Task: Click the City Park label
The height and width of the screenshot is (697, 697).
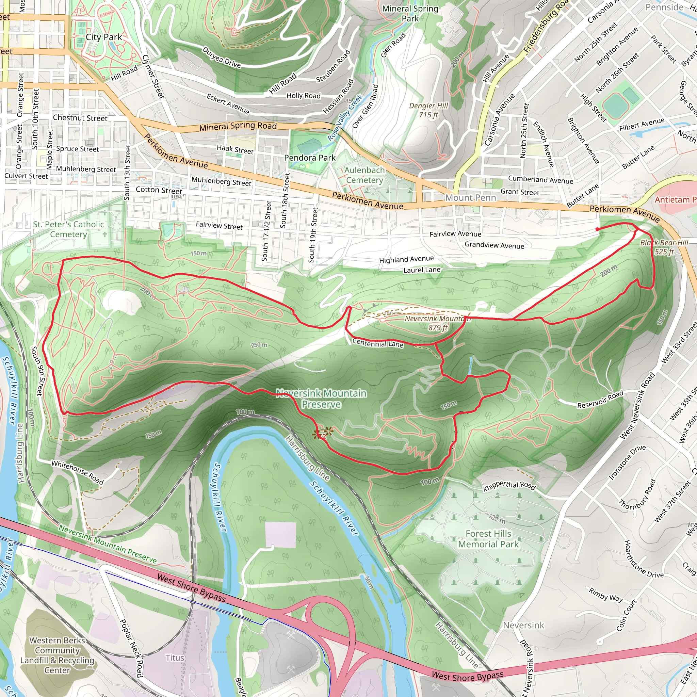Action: (103, 37)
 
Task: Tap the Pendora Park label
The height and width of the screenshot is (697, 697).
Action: (310, 158)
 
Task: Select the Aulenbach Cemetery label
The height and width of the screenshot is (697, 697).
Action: (364, 175)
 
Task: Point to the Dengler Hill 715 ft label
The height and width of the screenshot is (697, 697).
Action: (428, 110)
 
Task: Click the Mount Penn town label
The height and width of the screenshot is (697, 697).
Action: (470, 198)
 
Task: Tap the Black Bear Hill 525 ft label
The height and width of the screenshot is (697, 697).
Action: (664, 247)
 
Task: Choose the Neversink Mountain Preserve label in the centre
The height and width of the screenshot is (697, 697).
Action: (321, 399)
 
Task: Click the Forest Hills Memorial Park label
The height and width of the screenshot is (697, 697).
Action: (488, 539)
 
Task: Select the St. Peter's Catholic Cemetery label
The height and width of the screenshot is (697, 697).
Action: (68, 229)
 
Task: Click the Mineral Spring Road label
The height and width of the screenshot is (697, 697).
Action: (238, 126)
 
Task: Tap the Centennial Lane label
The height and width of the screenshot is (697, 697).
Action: (378, 343)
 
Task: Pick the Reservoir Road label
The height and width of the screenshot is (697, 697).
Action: (600, 399)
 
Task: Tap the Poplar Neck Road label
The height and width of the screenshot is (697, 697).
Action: (131, 648)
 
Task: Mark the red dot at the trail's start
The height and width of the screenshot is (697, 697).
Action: (597, 229)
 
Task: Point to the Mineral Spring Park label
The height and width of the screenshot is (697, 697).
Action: (410, 13)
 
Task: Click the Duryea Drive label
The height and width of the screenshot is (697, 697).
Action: (222, 58)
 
